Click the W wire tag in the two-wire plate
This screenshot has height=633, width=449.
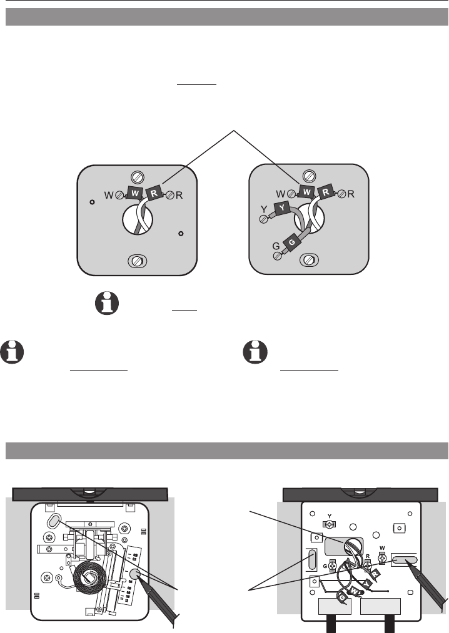tap(136, 194)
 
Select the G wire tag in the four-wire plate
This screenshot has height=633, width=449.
tap(291, 242)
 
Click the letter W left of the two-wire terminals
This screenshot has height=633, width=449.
tap(109, 195)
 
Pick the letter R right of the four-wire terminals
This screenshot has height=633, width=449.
tap(351, 194)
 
